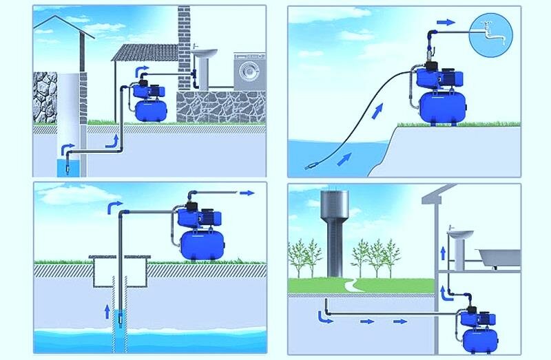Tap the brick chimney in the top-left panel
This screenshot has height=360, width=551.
tap(184, 41)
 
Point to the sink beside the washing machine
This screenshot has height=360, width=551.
tap(203, 58)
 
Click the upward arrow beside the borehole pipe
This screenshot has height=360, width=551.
tap(106, 310)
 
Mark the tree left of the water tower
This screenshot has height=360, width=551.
tap(304, 257)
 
